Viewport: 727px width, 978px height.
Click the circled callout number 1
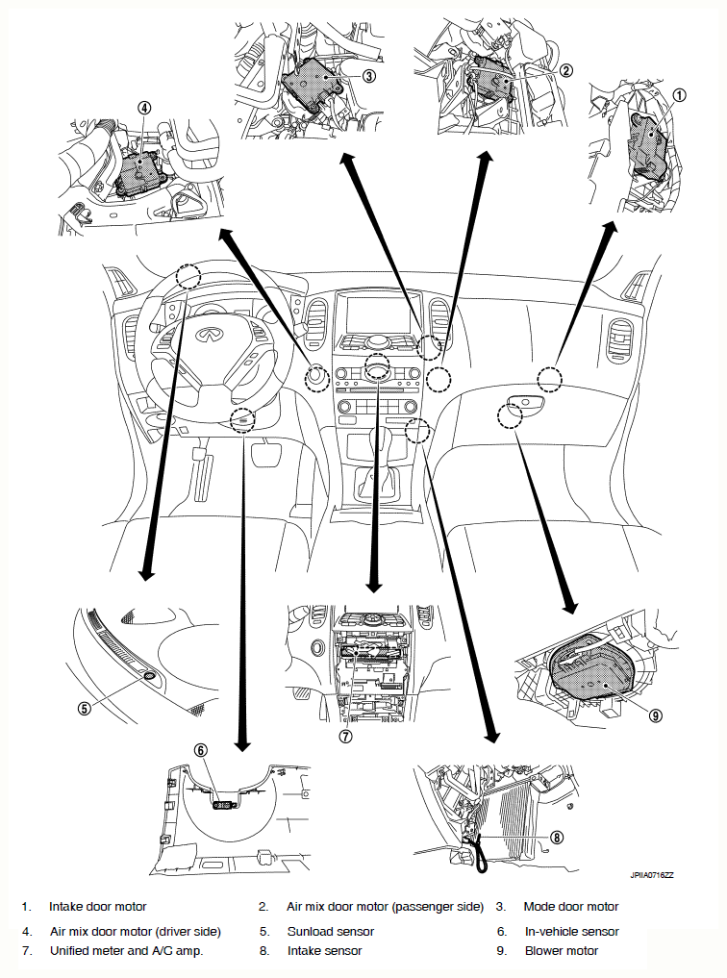pos(679,95)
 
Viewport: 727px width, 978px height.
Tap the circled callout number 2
pos(565,70)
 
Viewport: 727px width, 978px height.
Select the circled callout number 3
pos(368,75)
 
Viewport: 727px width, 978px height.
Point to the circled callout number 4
pos(144,108)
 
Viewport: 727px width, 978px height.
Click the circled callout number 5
pos(85,708)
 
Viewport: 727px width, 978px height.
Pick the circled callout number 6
pos(201,750)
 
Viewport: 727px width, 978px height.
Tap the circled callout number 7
pos(345,736)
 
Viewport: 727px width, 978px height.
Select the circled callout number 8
pos(557,837)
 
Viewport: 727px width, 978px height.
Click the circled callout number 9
pos(655,715)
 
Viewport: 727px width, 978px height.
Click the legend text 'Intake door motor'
pos(98,906)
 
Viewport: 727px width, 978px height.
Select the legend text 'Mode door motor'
pos(571,906)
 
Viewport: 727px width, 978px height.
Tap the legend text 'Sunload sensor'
pos(331,931)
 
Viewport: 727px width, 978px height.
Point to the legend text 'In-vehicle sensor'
pos(572,931)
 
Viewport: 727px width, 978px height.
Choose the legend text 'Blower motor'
pos(562,950)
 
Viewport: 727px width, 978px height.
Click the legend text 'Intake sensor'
pos(324,950)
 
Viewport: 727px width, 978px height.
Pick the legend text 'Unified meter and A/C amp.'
pos(127,950)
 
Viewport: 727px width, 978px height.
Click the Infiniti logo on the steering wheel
pos(207,335)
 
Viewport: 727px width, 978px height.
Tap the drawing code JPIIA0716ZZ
pos(652,875)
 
